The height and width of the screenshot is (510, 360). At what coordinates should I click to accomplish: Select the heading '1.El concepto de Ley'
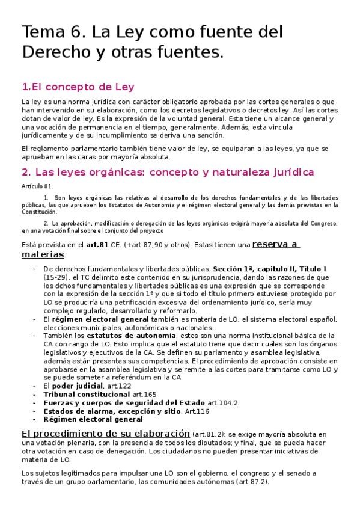pos(78,86)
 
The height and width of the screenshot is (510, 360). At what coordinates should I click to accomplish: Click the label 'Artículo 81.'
pos(36,187)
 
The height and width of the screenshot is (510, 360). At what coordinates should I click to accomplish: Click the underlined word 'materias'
pos(43,254)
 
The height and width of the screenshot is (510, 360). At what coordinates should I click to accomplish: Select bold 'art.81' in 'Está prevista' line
pos(97,245)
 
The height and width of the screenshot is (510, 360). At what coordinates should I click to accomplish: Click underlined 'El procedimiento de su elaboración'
pos(105,433)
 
